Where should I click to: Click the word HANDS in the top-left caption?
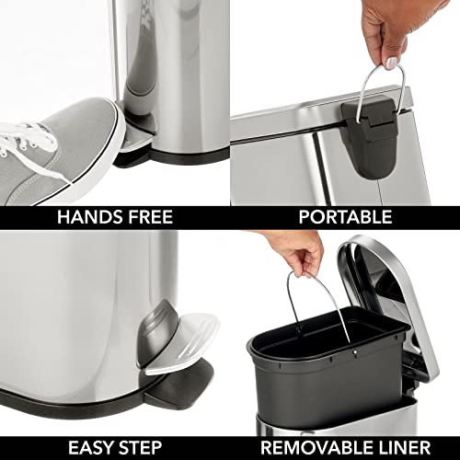(87, 217)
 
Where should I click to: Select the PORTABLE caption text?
(346, 217)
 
